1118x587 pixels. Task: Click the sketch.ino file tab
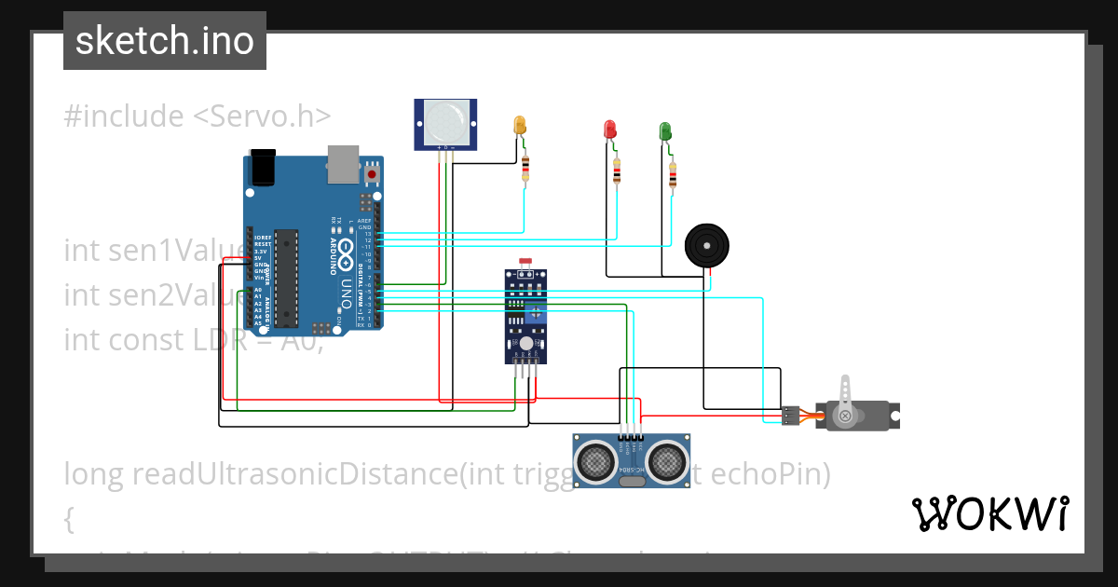(x=165, y=41)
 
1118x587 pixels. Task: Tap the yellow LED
(x=520, y=125)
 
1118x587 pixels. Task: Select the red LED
(x=610, y=130)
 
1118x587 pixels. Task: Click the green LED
(x=665, y=131)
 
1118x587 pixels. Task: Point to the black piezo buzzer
(x=706, y=246)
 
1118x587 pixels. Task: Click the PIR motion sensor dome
(x=445, y=121)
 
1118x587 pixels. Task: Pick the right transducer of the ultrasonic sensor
(x=666, y=459)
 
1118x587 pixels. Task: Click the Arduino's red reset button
(x=372, y=174)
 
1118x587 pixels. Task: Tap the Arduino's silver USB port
(x=343, y=163)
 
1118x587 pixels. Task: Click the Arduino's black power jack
(x=264, y=167)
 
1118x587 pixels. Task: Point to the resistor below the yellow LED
(x=525, y=168)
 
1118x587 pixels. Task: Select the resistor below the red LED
(x=617, y=171)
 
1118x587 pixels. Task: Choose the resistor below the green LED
(x=673, y=174)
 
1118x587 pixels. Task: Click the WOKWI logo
(x=989, y=513)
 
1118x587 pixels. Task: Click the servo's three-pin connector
(x=790, y=416)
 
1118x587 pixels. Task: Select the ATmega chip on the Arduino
(x=286, y=278)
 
